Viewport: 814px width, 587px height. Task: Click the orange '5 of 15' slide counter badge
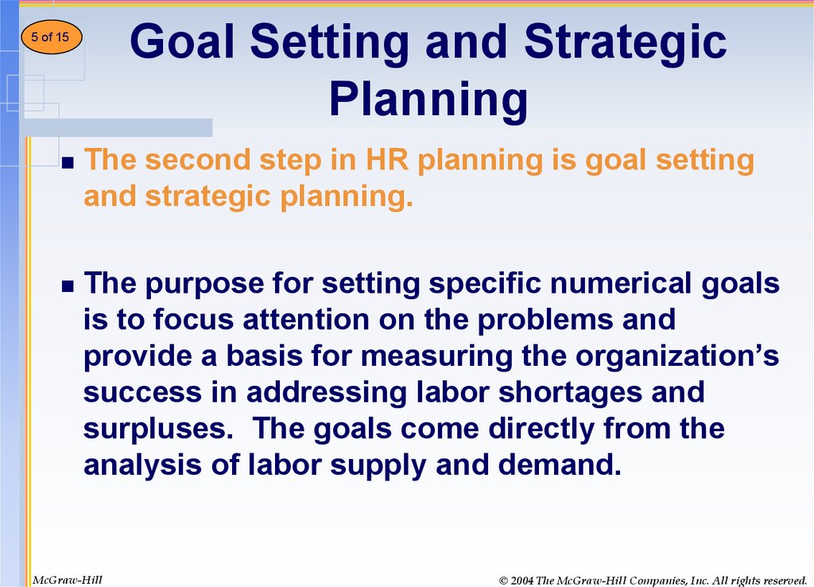click(52, 37)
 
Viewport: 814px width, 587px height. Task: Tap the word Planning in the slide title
click(428, 99)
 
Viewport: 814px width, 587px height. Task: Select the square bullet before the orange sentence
click(68, 163)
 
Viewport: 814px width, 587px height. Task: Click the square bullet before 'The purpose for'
click(68, 286)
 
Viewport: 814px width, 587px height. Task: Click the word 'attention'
click(306, 320)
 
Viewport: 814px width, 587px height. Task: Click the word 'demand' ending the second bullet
click(560, 465)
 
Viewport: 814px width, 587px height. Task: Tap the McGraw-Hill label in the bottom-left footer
click(68, 580)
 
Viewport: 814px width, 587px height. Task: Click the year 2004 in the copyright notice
click(522, 581)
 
